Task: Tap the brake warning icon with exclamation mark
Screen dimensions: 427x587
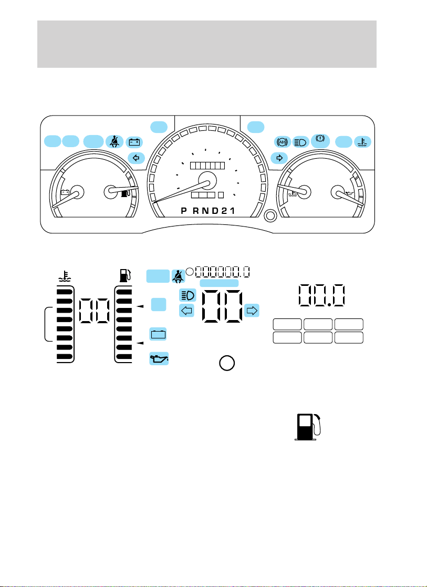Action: tap(320, 140)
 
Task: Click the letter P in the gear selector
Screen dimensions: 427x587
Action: tap(184, 211)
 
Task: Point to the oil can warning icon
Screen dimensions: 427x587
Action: tap(159, 358)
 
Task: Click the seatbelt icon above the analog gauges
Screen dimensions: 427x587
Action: tap(114, 141)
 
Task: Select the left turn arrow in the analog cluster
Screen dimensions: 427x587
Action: tap(136, 158)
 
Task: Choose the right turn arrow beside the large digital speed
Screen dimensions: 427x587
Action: tap(252, 311)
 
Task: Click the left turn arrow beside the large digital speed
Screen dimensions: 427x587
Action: tap(186, 311)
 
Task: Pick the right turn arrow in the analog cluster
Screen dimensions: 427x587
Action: tap(279, 158)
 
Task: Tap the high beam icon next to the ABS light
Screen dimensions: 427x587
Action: tap(300, 141)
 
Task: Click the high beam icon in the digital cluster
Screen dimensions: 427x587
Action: tap(188, 295)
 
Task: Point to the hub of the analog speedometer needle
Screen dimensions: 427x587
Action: tap(207, 181)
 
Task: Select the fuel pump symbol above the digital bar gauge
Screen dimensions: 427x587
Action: tap(123, 276)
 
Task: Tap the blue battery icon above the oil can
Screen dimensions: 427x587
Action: tap(158, 334)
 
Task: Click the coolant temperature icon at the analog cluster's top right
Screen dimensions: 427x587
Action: tap(362, 142)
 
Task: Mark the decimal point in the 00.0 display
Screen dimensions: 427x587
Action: tap(329, 304)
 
